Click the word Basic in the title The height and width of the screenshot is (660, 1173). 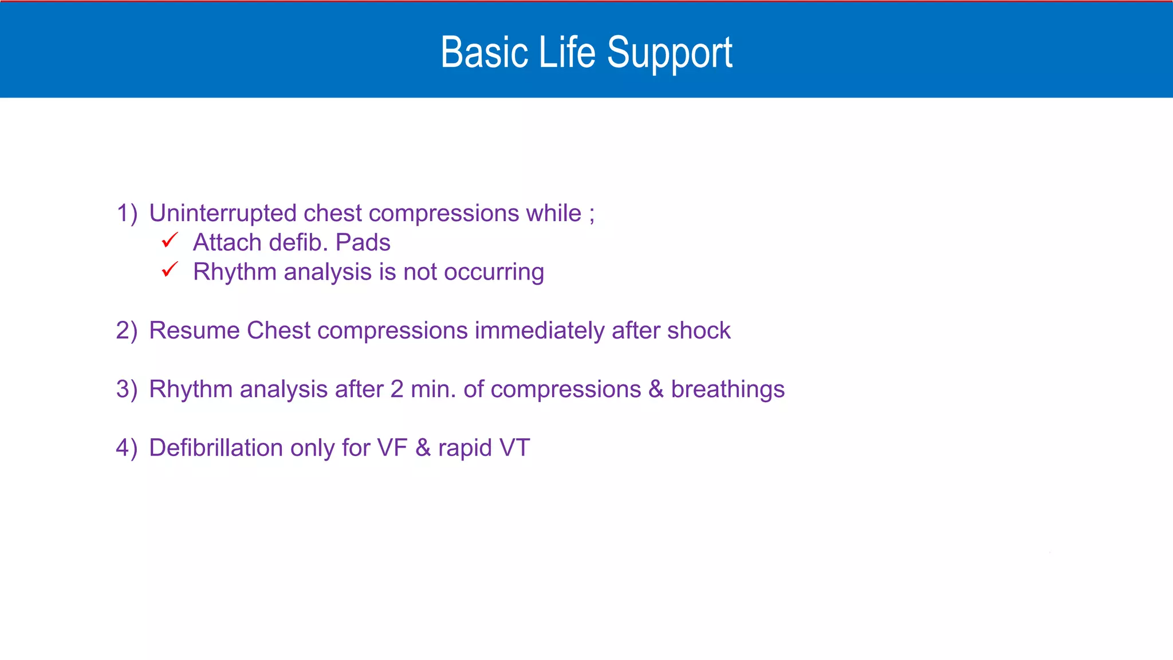point(484,53)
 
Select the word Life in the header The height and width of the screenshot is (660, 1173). point(567,53)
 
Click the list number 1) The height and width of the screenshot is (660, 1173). point(127,213)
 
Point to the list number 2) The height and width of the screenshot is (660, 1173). point(127,331)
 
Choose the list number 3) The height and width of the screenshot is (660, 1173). point(127,390)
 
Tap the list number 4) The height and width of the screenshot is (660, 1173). point(127,448)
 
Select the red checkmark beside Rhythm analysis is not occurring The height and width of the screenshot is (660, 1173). point(170,269)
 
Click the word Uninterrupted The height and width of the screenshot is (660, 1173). point(223,213)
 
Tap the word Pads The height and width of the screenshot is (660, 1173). point(363,243)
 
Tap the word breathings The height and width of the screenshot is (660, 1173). point(727,390)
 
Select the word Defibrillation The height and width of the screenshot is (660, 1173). point(216,448)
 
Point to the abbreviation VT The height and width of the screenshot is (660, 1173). point(514,448)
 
